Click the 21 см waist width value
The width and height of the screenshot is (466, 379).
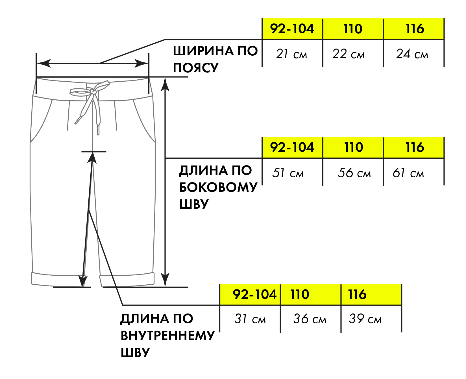click(x=291, y=54)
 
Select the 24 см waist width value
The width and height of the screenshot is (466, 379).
click(x=412, y=54)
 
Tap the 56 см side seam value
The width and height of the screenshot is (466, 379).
click(x=354, y=173)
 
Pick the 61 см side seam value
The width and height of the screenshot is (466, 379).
click(x=408, y=173)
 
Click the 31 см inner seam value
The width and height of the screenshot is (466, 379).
click(x=250, y=319)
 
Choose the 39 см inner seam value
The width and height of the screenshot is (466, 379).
click(x=365, y=319)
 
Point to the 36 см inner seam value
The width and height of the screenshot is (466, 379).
click(x=310, y=319)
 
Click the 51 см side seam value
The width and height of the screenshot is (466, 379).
click(x=288, y=173)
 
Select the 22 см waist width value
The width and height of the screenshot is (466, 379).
click(x=349, y=54)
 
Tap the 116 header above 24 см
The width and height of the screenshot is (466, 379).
click(x=415, y=29)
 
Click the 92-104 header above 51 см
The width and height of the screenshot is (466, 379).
click(x=292, y=147)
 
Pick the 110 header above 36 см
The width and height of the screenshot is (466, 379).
click(x=300, y=295)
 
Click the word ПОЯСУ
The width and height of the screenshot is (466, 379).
click(x=196, y=68)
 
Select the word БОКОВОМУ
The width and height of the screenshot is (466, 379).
click(x=218, y=187)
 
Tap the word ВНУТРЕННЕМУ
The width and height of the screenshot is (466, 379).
click(x=168, y=336)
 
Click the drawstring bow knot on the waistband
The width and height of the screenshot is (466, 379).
click(x=93, y=92)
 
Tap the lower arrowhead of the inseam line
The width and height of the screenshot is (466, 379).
click(x=83, y=281)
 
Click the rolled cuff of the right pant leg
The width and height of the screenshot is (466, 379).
click(x=127, y=279)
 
